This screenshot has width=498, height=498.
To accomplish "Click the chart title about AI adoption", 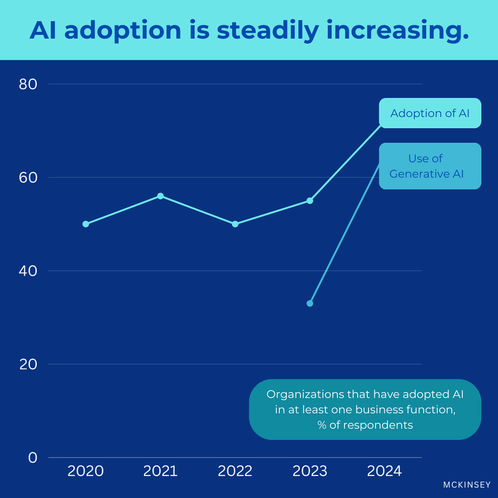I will [x=249, y=30].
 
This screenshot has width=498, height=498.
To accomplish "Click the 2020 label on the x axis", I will [x=86, y=471].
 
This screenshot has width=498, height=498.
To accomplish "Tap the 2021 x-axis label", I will [x=161, y=471].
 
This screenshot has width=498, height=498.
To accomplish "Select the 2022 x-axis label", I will [x=235, y=471].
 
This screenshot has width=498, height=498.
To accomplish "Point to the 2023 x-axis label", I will [x=309, y=471].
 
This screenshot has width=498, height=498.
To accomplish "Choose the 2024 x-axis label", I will [x=384, y=471].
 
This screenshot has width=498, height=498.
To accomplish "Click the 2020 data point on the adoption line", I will [x=86, y=224].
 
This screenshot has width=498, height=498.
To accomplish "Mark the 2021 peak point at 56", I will [x=161, y=196].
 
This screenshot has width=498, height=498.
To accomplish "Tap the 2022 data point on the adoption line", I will [x=235, y=224].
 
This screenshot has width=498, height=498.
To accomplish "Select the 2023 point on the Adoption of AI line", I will [x=309, y=200].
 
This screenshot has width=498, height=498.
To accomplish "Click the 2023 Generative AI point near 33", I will [x=309, y=303].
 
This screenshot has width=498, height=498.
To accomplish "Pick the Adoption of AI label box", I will [x=430, y=113].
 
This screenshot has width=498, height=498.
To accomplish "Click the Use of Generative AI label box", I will [x=430, y=166].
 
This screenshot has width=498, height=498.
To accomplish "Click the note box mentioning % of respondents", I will [x=365, y=410].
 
